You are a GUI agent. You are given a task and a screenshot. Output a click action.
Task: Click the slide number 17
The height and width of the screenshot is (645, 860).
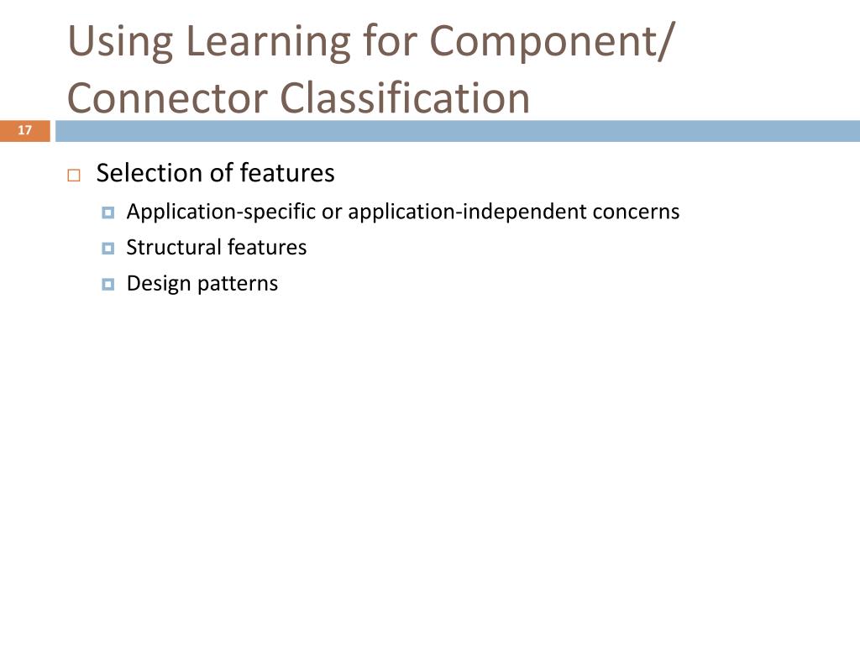click(x=24, y=130)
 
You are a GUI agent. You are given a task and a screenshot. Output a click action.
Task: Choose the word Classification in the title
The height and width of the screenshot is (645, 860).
click(x=406, y=97)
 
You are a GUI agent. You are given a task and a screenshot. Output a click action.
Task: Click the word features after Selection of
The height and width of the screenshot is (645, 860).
click(x=287, y=173)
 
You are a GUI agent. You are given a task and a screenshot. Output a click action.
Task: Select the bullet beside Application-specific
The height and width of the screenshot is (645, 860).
click(x=107, y=212)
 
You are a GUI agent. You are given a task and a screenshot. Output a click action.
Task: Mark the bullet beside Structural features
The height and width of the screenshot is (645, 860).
click(x=107, y=249)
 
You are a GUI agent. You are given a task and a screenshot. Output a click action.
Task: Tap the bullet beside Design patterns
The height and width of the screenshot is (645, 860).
click(x=107, y=285)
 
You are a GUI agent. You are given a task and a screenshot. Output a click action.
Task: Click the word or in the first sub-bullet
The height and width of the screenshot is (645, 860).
click(x=332, y=212)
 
